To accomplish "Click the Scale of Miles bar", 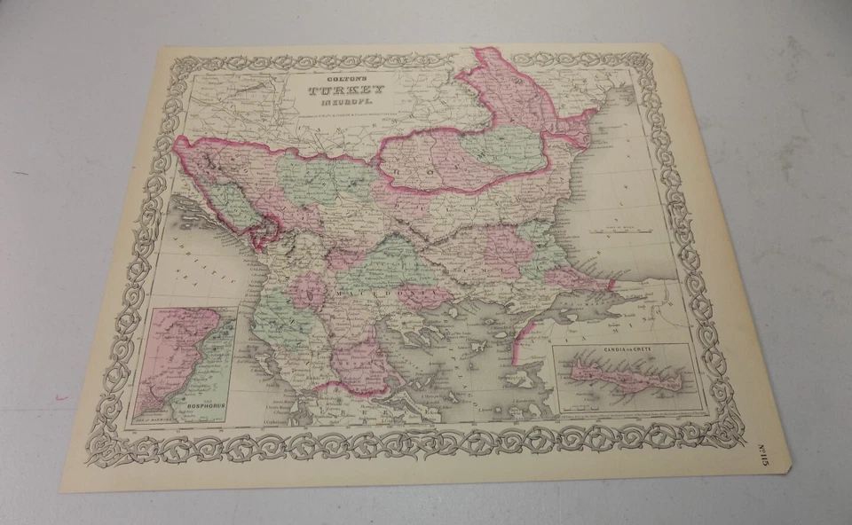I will coord(621,231).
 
